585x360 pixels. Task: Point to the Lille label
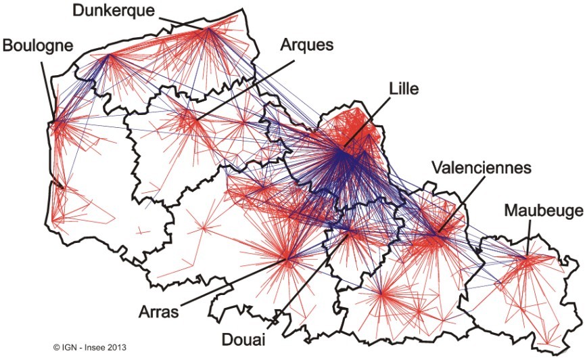404,89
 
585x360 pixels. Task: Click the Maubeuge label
543,212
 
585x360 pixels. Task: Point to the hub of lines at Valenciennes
436,235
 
